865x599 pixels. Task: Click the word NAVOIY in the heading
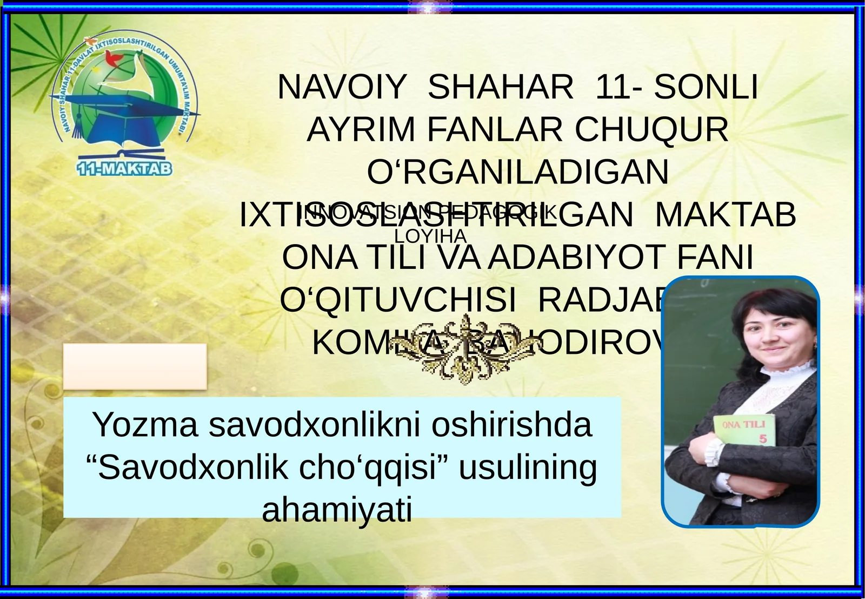click(x=342, y=87)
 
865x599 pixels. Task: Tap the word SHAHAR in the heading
click(x=501, y=87)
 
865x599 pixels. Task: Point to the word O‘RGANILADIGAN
click(x=518, y=172)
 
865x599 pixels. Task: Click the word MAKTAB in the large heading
click(x=726, y=215)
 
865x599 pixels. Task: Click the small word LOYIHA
click(x=430, y=236)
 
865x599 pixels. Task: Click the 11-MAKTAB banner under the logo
click(x=124, y=169)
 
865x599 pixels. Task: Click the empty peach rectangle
click(x=135, y=366)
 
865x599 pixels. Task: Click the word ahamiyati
click(x=337, y=509)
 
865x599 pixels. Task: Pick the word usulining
click(x=528, y=468)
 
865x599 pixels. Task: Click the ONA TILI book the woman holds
click(x=745, y=431)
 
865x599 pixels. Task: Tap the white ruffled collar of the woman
click(x=783, y=379)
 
